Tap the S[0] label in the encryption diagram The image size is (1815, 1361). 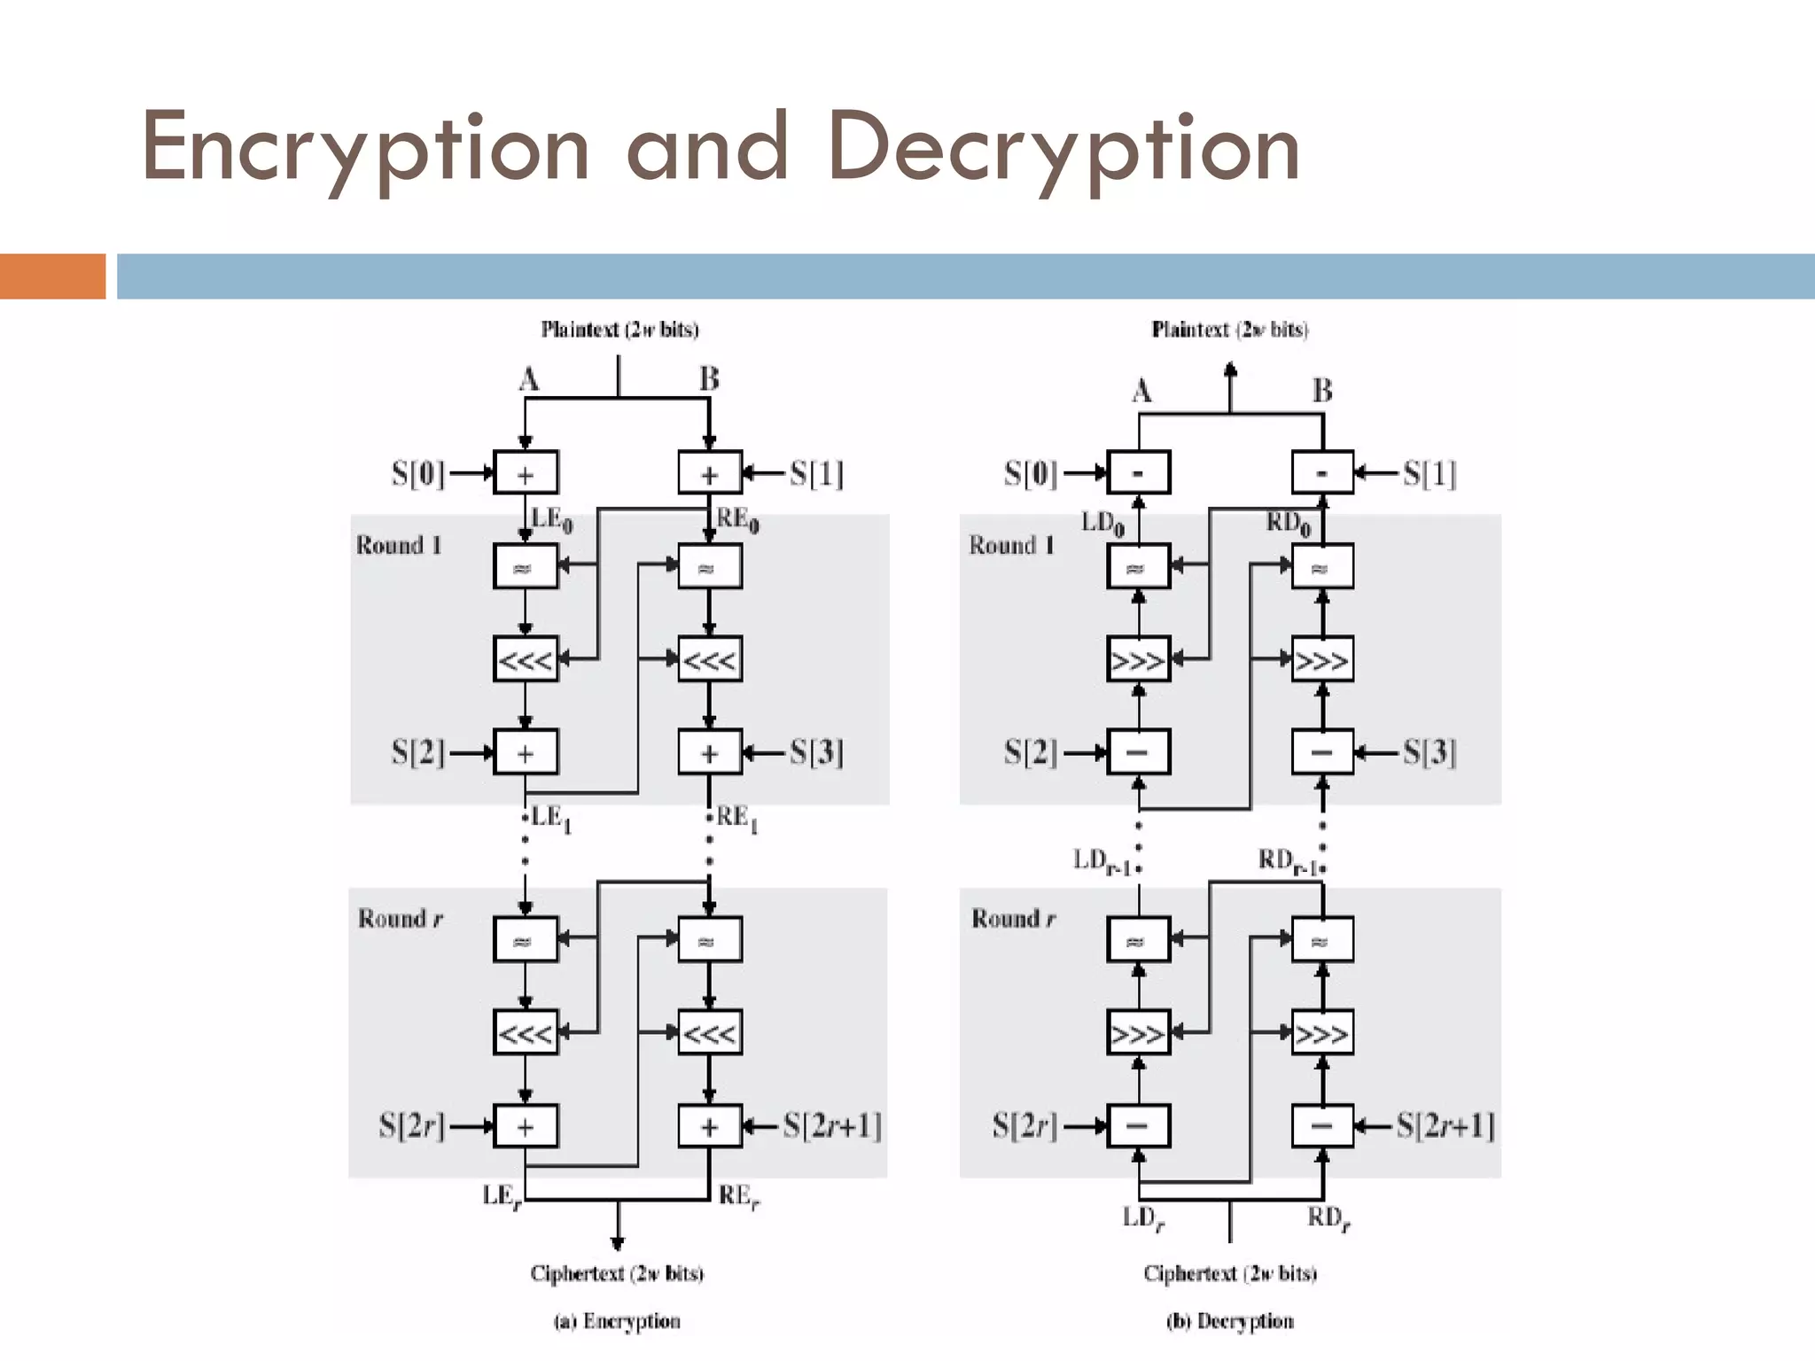click(x=417, y=473)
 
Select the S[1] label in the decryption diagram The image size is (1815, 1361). click(x=1429, y=473)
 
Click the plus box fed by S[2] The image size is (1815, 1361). click(x=526, y=752)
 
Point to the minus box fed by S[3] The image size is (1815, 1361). click(x=1321, y=752)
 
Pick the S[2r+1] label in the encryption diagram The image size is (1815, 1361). click(x=832, y=1125)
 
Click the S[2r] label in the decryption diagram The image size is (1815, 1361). click(x=1024, y=1125)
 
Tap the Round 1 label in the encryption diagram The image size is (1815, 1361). click(x=399, y=545)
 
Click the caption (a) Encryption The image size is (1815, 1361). click(x=618, y=1321)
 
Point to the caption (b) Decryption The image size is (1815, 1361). click(x=1230, y=1321)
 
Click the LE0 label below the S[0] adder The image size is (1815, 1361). click(x=550, y=519)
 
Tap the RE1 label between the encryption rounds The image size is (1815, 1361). click(x=736, y=818)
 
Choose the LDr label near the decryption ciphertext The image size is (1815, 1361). click(x=1142, y=1218)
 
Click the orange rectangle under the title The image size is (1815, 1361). click(x=52, y=276)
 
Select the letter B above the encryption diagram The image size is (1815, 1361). click(x=709, y=379)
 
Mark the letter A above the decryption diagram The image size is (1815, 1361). click(x=1141, y=391)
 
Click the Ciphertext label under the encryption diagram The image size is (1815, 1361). click(x=617, y=1273)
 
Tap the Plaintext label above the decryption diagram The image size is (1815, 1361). click(x=1230, y=330)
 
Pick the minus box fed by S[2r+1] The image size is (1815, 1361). click(x=1321, y=1125)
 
